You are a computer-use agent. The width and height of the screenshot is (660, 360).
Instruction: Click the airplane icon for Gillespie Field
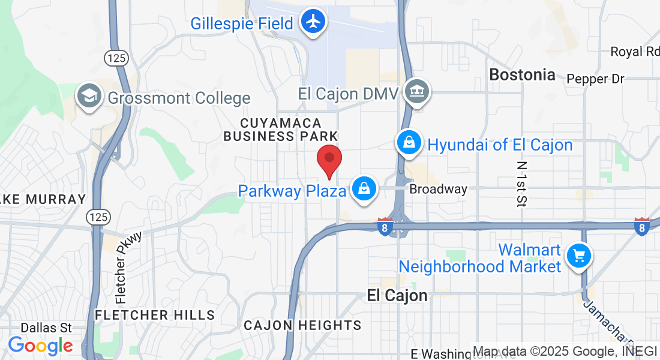tap(313, 22)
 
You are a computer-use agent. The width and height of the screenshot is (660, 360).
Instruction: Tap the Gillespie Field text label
tap(242, 23)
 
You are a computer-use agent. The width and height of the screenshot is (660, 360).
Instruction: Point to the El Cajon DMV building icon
tap(417, 92)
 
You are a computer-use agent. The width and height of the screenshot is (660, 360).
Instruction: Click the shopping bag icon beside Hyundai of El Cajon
tap(409, 143)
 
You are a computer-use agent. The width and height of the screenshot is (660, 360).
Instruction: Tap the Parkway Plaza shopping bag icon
tap(364, 188)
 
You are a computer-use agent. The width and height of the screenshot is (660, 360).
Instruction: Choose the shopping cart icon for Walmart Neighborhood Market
tap(578, 256)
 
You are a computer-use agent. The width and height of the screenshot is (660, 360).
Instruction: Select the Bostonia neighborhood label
tap(522, 75)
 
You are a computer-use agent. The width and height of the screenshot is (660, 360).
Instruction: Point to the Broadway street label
tap(438, 190)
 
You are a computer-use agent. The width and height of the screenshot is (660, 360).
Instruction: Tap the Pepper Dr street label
tap(595, 79)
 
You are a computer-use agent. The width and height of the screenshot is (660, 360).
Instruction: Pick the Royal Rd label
tap(634, 52)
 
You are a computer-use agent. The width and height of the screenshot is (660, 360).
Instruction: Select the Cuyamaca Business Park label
tap(281, 130)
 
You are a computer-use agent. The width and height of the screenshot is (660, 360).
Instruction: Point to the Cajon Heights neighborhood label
tap(302, 325)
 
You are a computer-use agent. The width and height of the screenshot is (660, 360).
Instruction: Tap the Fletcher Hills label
tap(155, 315)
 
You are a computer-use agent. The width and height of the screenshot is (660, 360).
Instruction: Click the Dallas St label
tap(46, 328)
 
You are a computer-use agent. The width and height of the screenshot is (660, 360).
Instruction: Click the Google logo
tap(40, 346)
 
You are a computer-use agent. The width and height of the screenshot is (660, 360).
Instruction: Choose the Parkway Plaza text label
tap(292, 191)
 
